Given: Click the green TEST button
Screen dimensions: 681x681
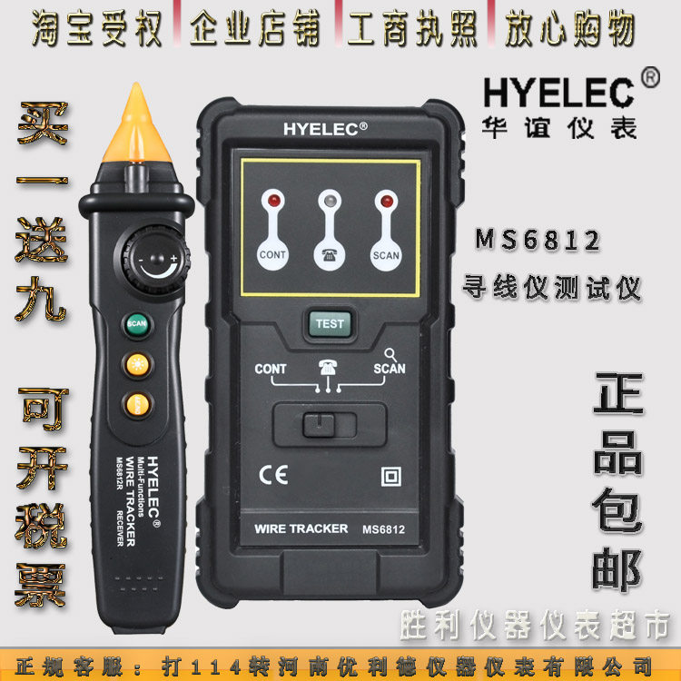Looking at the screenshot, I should click(x=329, y=322).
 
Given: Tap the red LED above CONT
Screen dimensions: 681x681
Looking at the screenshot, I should click(x=271, y=199).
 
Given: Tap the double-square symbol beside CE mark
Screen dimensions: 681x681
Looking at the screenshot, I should click(x=392, y=476).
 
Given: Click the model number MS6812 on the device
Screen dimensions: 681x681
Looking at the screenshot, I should click(x=383, y=529).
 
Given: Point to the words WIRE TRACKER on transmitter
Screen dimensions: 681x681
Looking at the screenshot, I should click(x=301, y=528).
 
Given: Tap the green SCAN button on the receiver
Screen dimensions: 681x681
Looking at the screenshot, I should click(x=137, y=323).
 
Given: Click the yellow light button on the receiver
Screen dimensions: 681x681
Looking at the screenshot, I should click(x=137, y=364).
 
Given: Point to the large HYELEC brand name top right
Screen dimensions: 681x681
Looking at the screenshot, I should click(x=558, y=93).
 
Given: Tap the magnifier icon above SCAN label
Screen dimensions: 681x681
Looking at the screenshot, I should click(x=390, y=355).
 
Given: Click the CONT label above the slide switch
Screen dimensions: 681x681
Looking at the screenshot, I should click(x=271, y=370).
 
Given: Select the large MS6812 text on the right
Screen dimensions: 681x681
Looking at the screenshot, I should click(x=537, y=241).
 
